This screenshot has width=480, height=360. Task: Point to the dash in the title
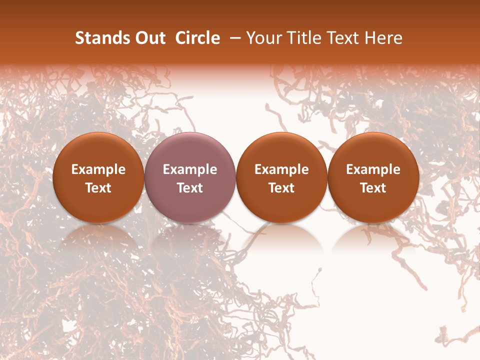(233, 38)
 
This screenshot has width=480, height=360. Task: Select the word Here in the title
(384, 38)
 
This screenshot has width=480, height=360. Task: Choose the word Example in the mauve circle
(190, 169)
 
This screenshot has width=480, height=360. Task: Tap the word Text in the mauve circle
(190, 188)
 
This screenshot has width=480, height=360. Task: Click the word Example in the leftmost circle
(98, 169)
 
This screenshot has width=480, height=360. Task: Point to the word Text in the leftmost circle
(98, 188)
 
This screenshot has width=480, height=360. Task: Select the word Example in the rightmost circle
(373, 169)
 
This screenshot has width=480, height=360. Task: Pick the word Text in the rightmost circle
(373, 188)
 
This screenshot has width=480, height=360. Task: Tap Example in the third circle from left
(281, 169)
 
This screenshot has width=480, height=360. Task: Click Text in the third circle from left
(281, 188)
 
